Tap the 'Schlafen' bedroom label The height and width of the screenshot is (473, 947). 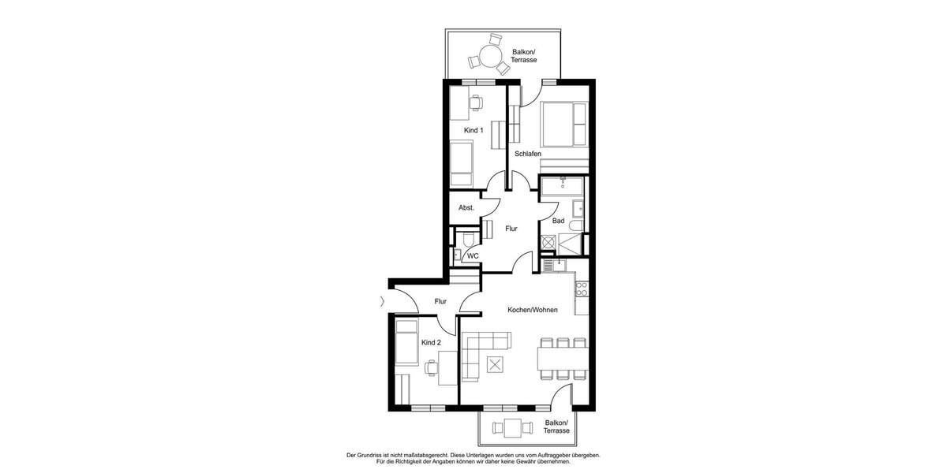528,154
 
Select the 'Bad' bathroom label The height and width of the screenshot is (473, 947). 558,221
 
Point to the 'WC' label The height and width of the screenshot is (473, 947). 473,256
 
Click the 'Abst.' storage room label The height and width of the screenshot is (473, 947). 466,208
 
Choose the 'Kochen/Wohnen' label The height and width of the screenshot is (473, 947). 533,310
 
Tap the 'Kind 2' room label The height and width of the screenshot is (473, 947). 431,343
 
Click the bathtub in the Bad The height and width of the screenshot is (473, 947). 562,188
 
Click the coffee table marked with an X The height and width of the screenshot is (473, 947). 496,365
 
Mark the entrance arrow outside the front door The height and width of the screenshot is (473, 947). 383,300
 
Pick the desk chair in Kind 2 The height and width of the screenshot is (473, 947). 431,367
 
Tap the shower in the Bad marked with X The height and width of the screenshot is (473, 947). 548,243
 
